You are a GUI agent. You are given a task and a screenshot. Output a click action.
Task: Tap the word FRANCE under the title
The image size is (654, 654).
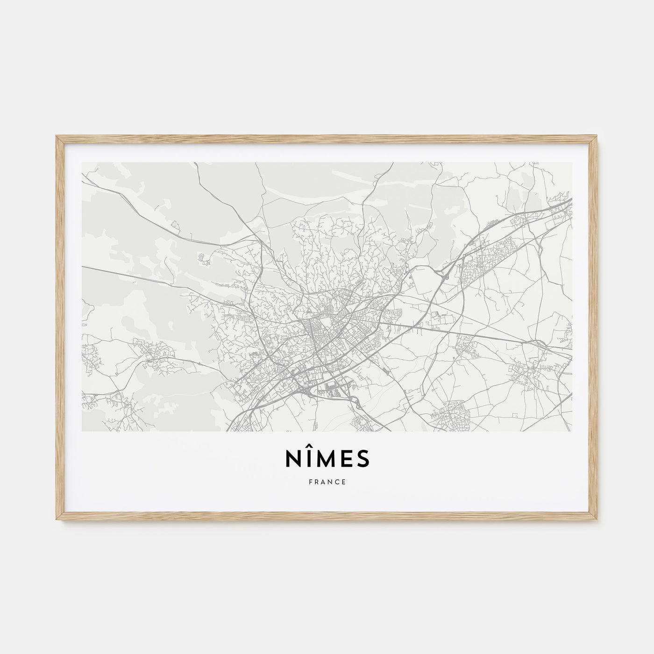(327, 482)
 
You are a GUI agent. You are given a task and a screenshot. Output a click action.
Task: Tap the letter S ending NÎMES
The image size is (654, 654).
(363, 459)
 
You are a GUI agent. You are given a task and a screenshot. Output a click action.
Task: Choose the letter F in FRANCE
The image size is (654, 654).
(309, 482)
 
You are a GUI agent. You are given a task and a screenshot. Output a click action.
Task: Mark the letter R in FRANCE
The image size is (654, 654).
(316, 482)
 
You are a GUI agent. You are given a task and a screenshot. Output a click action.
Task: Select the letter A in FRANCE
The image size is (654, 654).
(323, 482)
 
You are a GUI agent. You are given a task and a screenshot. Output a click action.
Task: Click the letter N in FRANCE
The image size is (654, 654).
(330, 482)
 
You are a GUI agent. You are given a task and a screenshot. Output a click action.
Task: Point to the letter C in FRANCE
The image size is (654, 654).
(337, 482)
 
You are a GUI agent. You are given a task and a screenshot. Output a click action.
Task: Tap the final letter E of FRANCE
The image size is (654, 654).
(344, 482)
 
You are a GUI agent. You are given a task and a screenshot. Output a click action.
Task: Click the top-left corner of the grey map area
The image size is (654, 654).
(82, 163)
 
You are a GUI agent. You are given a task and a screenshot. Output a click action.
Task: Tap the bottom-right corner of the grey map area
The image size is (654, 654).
(572, 431)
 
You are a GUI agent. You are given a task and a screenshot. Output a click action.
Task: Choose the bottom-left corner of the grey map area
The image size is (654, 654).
(82, 431)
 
